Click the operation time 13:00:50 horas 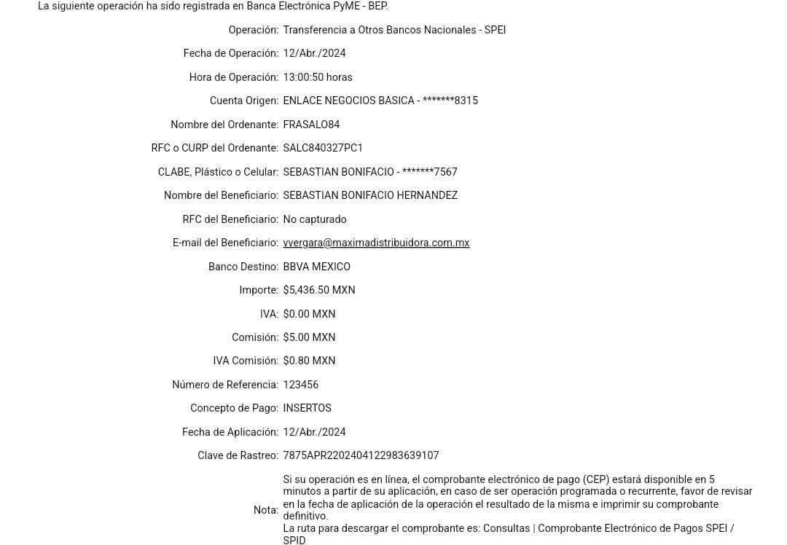tap(318, 77)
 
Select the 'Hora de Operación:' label tap(233, 77)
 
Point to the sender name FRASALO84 tap(312, 125)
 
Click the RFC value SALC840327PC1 tap(322, 148)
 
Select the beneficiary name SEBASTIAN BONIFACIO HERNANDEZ tap(370, 195)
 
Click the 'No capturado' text tap(315, 219)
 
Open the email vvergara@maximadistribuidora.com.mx tap(376, 243)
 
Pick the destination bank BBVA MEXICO tap(316, 267)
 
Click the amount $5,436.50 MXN tap(319, 290)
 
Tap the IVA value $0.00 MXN tap(310, 314)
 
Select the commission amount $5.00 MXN tap(310, 337)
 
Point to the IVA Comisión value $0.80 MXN tap(310, 361)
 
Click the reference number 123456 tap(301, 385)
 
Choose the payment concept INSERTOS tap(307, 408)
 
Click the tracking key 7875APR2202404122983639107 tap(361, 455)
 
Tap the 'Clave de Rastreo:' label tap(238, 455)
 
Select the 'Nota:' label tap(265, 510)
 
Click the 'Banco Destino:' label tap(243, 267)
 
